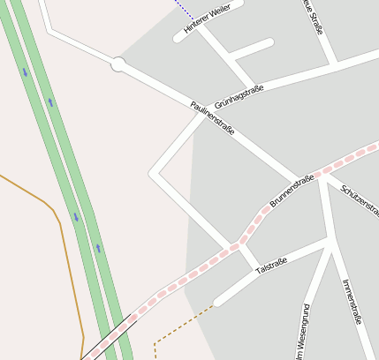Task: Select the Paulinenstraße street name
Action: [x=213, y=118]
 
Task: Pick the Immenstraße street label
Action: [x=352, y=301]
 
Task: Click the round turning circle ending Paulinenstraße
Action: [x=118, y=64]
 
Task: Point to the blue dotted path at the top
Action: [x=185, y=10]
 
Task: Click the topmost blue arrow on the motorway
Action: [x=25, y=72]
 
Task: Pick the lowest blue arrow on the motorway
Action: [x=98, y=248]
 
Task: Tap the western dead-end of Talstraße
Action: [x=218, y=302]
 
